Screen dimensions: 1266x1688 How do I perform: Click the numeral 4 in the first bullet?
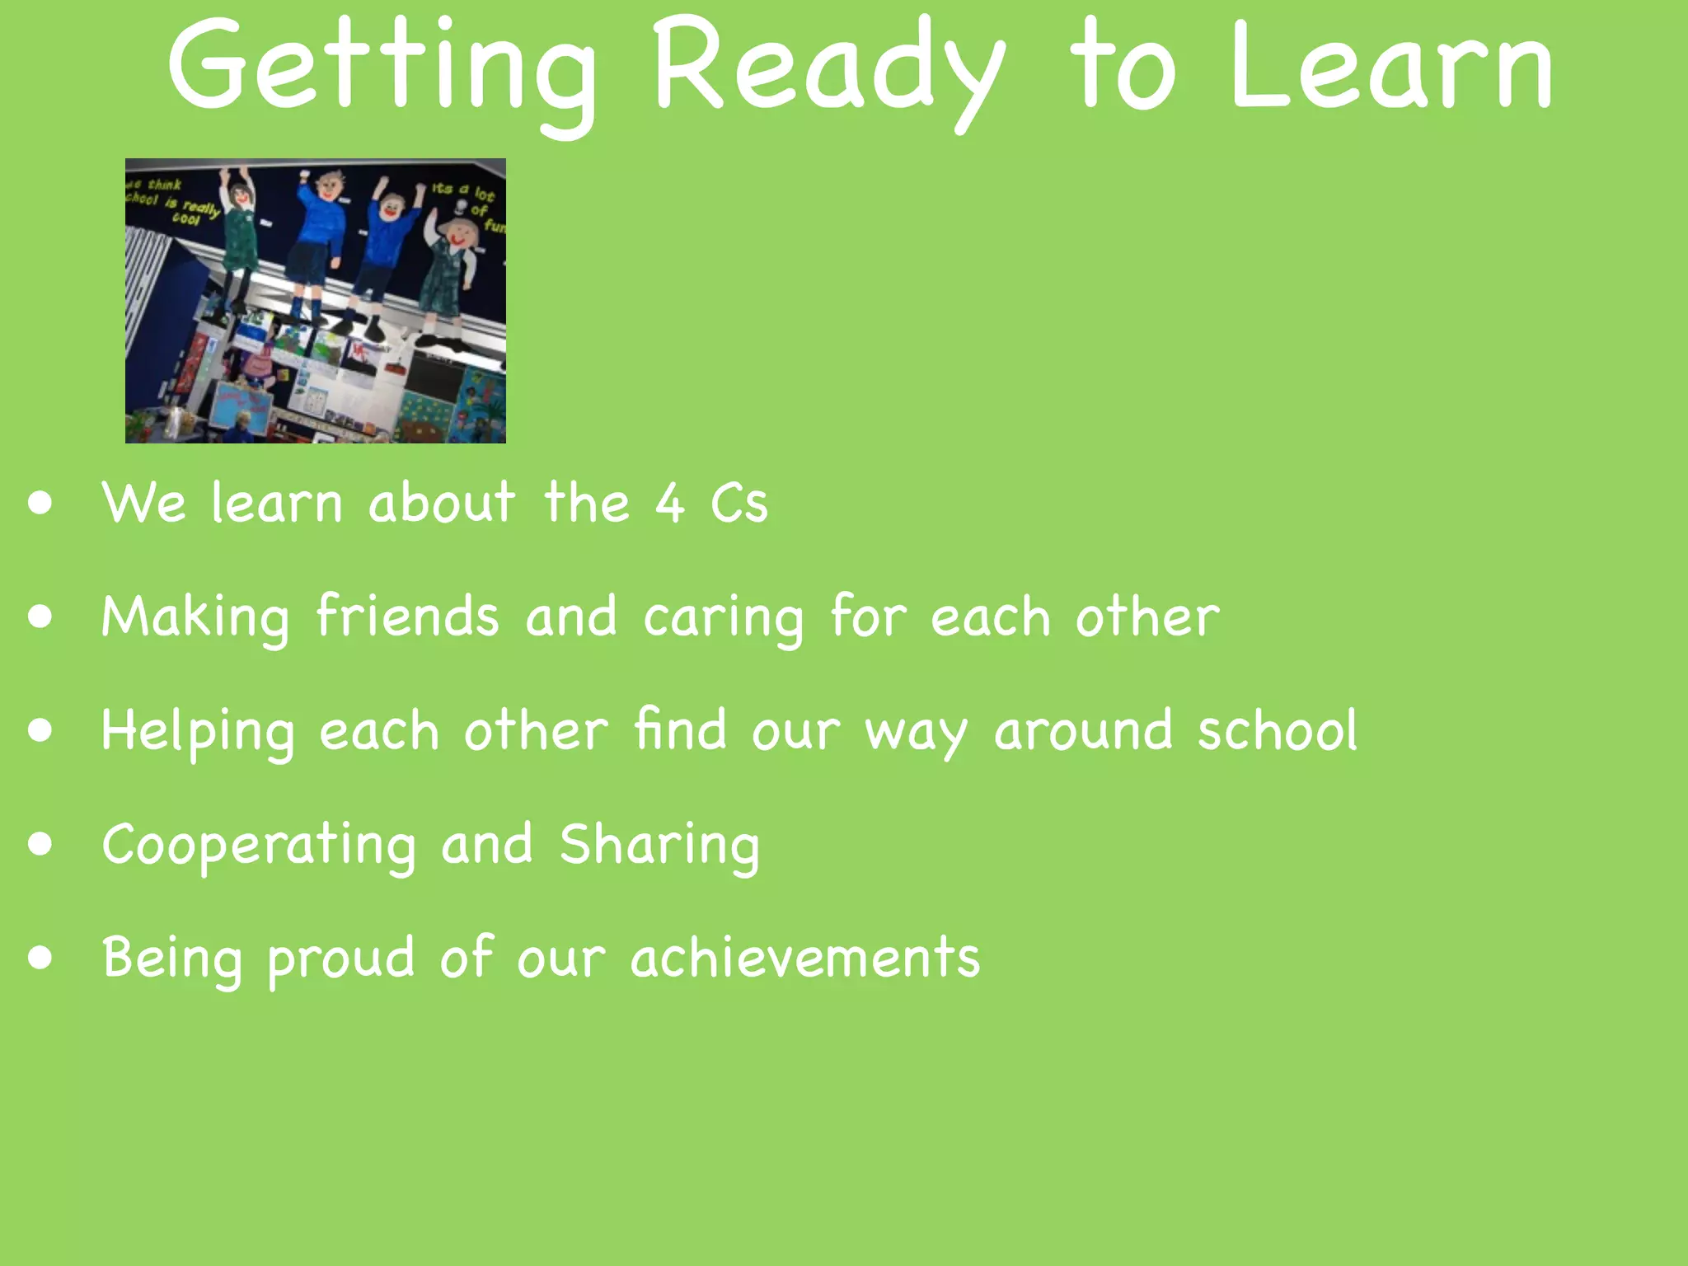(669, 503)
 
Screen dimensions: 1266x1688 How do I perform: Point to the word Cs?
(739, 503)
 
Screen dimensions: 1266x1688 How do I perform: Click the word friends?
(407, 616)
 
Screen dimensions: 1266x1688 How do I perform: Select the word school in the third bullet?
(1277, 730)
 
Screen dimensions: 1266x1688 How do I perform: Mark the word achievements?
(805, 958)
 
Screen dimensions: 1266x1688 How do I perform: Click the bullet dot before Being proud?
(40, 958)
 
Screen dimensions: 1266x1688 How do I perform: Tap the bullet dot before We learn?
(40, 503)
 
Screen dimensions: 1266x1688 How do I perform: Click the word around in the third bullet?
(1083, 730)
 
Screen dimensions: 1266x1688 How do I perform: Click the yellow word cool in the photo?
(186, 219)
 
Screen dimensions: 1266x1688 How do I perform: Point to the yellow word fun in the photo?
(495, 225)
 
